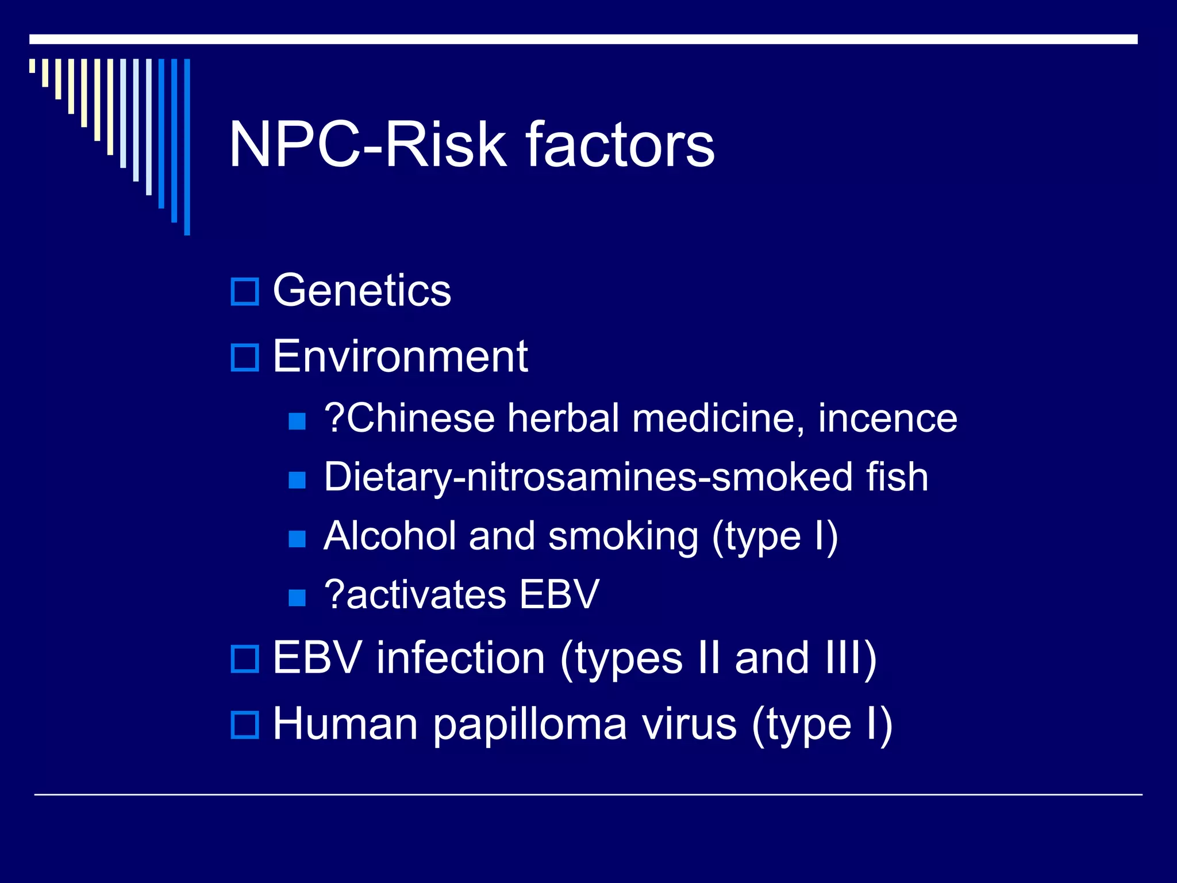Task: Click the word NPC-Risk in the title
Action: pos(368,145)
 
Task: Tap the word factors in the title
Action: pos(620,145)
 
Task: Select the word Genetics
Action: pos(361,291)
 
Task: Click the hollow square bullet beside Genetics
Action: pos(245,291)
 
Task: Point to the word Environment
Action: pos(400,356)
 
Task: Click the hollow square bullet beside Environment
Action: pos(245,357)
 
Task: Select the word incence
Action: pos(887,418)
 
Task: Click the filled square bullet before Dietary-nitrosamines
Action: pos(297,479)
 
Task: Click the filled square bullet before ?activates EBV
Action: pos(297,598)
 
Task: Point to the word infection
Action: pos(460,658)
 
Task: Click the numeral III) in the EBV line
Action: pos(851,658)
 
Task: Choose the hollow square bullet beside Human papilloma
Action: pos(245,724)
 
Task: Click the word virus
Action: pos(689,724)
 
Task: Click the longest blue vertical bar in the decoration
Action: pos(187,147)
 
